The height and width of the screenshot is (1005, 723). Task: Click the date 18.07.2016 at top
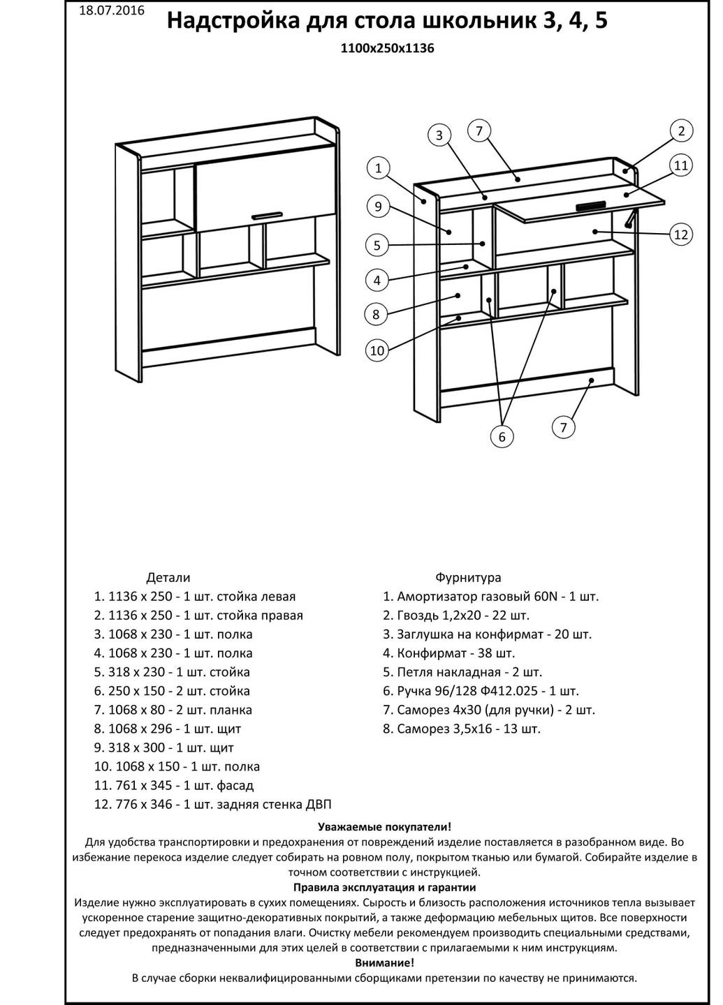click(x=112, y=10)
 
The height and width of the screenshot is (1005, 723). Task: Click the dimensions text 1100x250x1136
click(x=382, y=49)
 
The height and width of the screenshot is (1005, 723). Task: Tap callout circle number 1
click(x=378, y=167)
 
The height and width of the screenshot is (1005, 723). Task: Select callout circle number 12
click(x=681, y=234)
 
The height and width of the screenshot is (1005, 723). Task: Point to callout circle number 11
click(x=681, y=165)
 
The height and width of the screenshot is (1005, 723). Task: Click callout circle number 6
click(x=502, y=437)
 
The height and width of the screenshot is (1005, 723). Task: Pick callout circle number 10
click(x=377, y=350)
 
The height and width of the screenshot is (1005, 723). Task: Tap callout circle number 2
click(x=681, y=131)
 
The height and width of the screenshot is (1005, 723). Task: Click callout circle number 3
click(x=439, y=135)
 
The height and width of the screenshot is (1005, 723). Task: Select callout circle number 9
click(x=377, y=206)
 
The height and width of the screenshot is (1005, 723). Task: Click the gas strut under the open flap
click(x=631, y=218)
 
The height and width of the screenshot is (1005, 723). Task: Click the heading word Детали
click(x=168, y=578)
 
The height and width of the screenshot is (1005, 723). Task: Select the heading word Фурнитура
click(x=468, y=578)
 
